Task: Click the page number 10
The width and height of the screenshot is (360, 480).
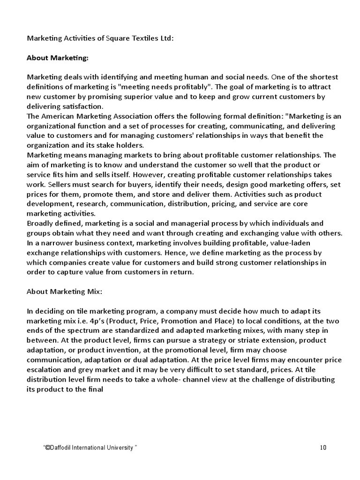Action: (x=323, y=448)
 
